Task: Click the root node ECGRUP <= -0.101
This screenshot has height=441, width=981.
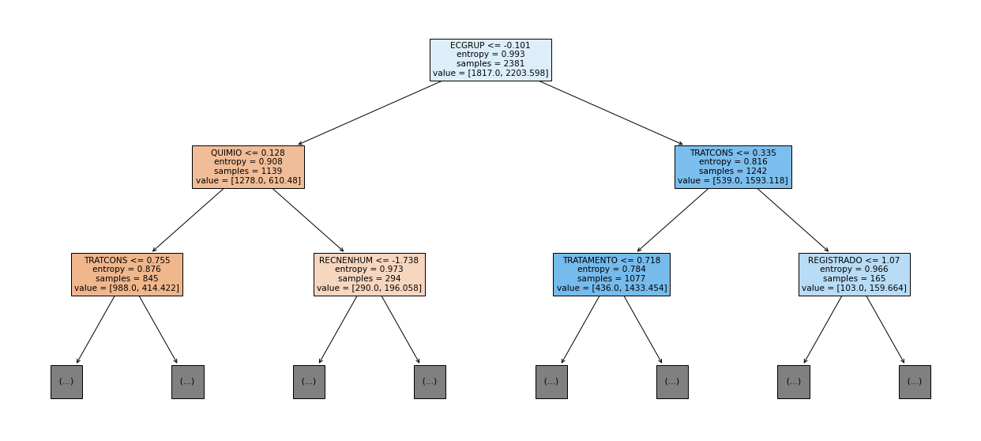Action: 490,59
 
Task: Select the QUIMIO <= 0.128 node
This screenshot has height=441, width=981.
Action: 248,167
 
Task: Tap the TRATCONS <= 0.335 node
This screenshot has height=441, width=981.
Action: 733,167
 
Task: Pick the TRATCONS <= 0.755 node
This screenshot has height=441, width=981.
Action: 127,274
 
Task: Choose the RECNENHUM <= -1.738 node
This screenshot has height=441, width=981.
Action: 369,274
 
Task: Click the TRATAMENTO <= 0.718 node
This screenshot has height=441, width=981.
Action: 611,274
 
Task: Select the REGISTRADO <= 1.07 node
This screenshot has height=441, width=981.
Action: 854,274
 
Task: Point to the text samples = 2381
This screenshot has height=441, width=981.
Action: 490,63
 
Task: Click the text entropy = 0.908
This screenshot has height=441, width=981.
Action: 248,162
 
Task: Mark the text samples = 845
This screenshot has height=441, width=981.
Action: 127,278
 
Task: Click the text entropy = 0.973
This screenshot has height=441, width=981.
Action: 369,269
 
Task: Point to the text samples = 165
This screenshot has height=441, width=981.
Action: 854,278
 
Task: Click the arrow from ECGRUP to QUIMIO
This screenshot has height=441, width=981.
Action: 370,113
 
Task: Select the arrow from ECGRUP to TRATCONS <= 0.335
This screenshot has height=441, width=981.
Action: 611,113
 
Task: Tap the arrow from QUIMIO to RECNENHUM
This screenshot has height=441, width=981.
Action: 308,220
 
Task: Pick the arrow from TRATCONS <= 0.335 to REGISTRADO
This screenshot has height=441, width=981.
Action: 793,220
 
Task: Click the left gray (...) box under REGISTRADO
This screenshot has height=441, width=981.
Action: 794,382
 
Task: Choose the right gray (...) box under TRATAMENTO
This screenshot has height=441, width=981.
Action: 672,382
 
